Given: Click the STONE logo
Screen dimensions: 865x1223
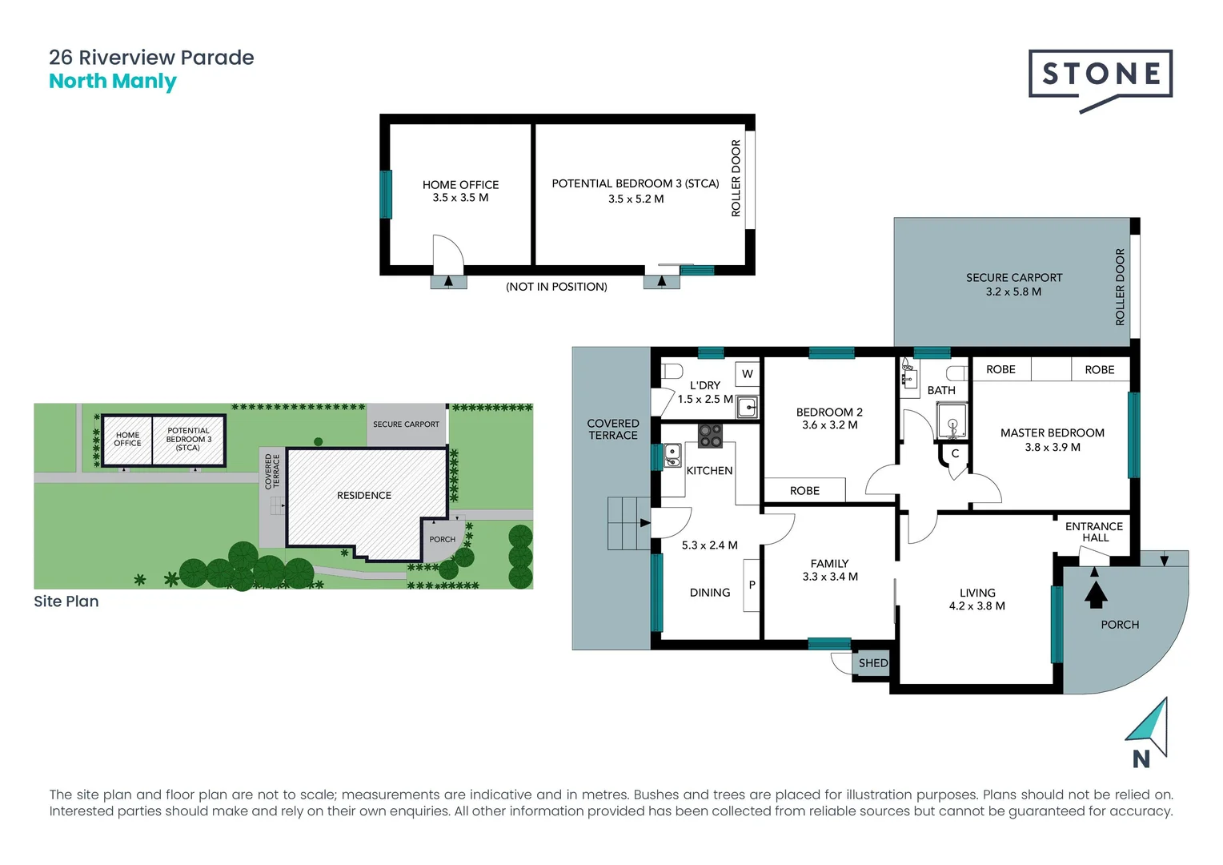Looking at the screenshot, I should click(1101, 75).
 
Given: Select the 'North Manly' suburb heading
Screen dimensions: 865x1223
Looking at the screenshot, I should click(113, 82).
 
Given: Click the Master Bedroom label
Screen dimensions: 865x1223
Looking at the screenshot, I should click(1052, 432).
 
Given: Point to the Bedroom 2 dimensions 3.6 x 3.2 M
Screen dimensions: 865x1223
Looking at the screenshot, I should click(829, 425).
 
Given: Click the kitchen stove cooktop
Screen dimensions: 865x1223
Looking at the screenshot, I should click(710, 436).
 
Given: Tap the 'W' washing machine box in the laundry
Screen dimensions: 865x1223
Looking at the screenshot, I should click(747, 373).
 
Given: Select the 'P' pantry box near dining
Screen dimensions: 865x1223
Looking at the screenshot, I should click(752, 585).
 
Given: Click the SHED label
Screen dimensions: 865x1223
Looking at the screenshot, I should click(872, 663).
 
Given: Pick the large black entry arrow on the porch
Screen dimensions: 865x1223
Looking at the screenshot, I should click(1095, 594).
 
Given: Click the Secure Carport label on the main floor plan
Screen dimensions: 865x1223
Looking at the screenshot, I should click(1013, 277).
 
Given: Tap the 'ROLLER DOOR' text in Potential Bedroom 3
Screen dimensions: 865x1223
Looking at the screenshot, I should click(736, 178).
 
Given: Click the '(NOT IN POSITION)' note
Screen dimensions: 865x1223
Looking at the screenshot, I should click(556, 287).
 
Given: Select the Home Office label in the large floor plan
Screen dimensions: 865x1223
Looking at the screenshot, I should click(460, 184).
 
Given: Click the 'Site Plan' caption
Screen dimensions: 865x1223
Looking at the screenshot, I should click(66, 601).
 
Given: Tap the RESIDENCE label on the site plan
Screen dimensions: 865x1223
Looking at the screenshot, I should click(364, 496).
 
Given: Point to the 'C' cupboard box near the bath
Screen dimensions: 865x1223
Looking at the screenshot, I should click(955, 453).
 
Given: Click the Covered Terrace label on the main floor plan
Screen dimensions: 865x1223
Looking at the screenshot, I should click(613, 429).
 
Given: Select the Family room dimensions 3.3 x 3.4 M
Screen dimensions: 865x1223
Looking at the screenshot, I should click(829, 577).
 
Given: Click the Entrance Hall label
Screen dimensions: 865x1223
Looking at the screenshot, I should click(1093, 532).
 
